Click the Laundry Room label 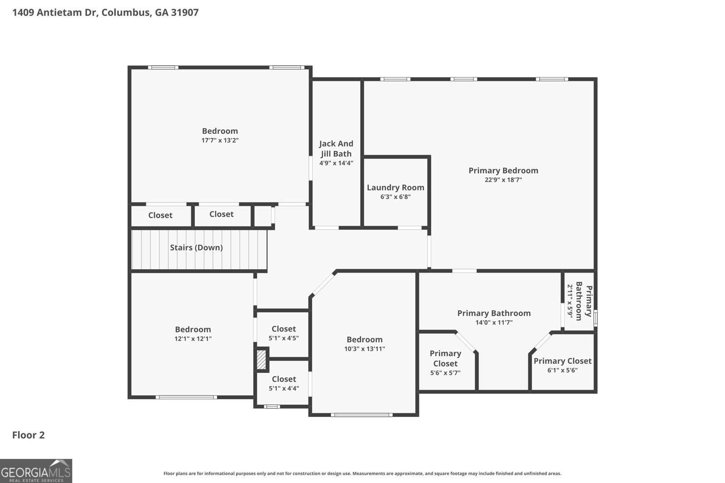tap(395, 188)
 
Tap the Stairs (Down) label tap(196, 247)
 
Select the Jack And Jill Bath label tap(336, 149)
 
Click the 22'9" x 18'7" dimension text tap(503, 180)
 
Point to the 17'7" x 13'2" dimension tap(220, 140)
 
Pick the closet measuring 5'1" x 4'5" tap(284, 333)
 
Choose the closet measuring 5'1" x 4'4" tap(284, 383)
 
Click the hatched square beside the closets tap(261, 359)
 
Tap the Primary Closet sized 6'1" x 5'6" tap(562, 365)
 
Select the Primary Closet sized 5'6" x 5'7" tap(445, 362)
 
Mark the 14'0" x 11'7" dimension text tap(494, 323)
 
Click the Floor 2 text tap(28, 435)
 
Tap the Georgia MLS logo tap(36, 471)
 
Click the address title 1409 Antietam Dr tap(105, 12)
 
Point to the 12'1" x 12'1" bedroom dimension tap(193, 338)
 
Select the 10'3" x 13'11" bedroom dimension tap(364, 349)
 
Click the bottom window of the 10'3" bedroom tap(361, 415)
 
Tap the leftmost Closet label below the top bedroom tap(160, 215)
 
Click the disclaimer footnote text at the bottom tap(362, 473)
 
